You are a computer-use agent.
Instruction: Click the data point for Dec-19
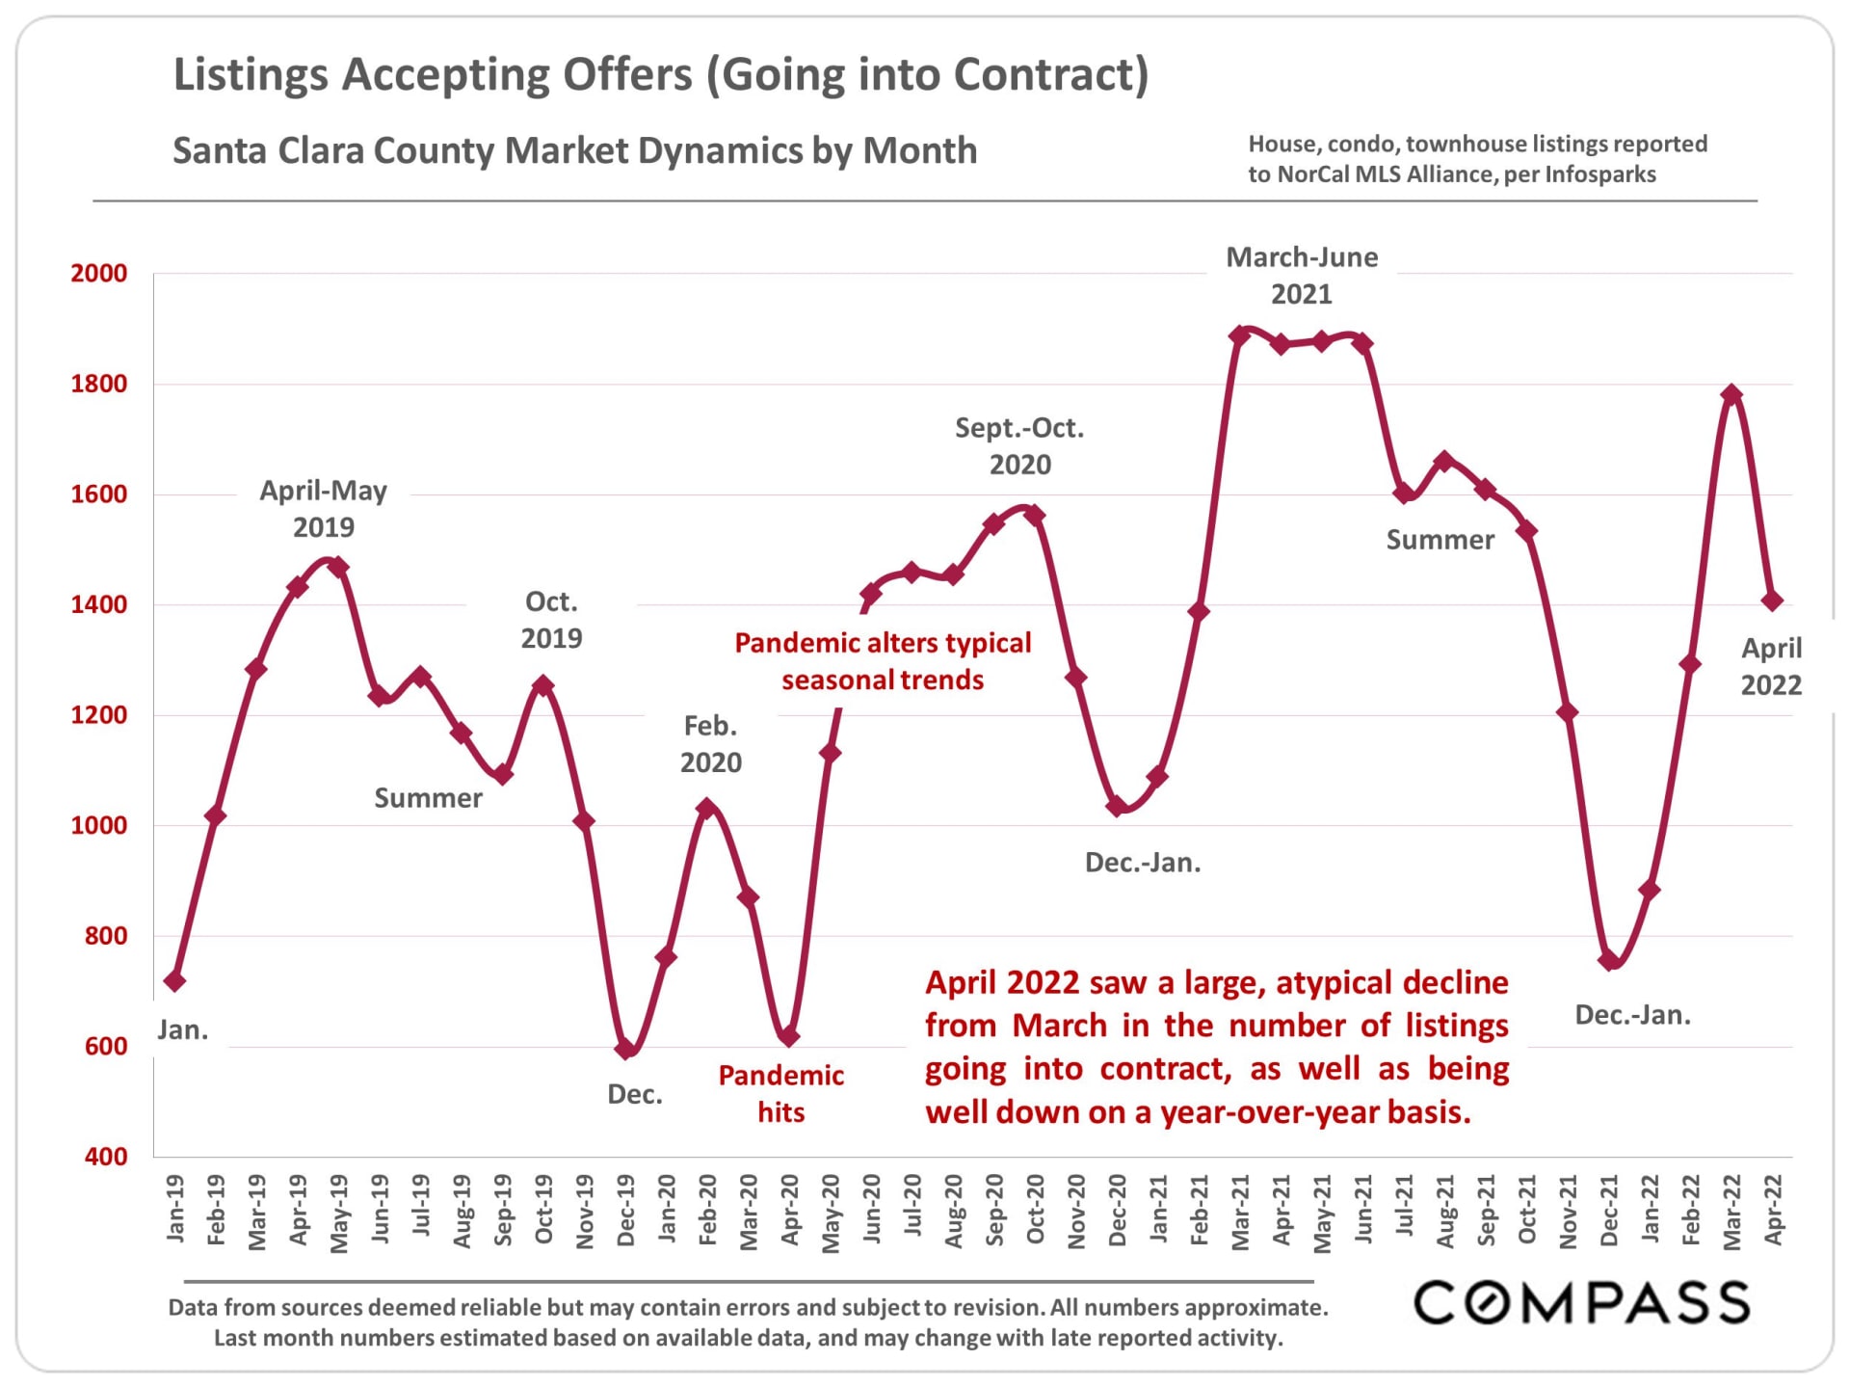coord(625,1048)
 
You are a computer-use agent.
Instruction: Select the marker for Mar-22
coord(1731,394)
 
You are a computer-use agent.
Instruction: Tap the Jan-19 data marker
coord(174,981)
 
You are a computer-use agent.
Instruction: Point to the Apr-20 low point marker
coord(789,1037)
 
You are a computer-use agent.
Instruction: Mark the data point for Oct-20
coord(1035,515)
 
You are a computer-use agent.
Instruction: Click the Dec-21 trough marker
coord(1608,960)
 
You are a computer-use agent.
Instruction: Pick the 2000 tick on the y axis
coord(98,274)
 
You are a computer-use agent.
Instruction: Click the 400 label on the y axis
coord(105,1157)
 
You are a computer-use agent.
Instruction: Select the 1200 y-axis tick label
coord(98,715)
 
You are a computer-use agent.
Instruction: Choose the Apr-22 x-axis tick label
coord(1773,1210)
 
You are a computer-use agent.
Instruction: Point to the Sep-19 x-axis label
coord(503,1210)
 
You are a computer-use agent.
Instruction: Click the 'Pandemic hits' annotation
coord(780,1094)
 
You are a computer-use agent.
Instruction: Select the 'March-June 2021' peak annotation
coord(1302,276)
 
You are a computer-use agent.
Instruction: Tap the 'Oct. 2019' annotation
coord(551,620)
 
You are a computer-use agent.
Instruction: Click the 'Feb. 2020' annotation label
coord(711,744)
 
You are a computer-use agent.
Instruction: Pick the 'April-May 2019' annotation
coord(324,509)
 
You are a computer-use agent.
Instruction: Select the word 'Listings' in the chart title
coord(253,75)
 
